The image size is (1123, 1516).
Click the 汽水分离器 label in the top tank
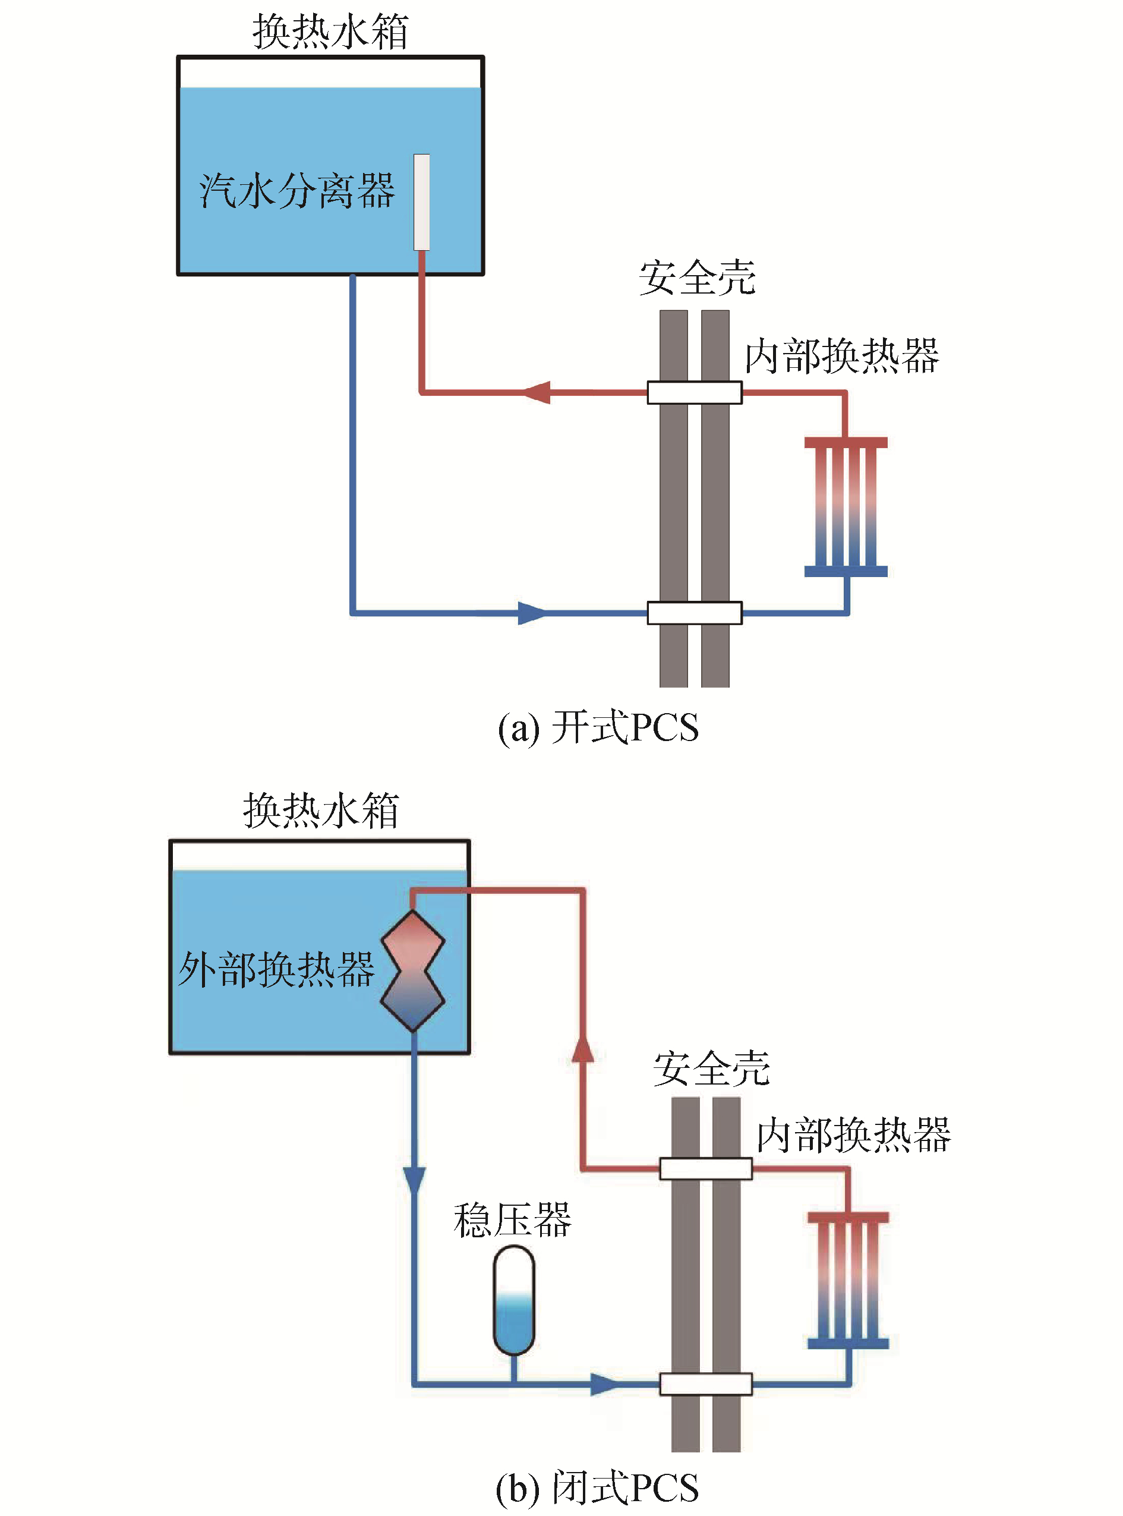(x=297, y=191)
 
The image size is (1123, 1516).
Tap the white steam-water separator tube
(x=421, y=202)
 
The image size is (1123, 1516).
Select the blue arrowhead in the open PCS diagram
(x=532, y=613)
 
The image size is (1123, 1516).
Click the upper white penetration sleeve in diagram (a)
(x=694, y=392)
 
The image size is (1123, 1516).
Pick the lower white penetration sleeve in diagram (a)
(x=694, y=613)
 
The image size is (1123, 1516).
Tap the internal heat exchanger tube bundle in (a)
(x=846, y=507)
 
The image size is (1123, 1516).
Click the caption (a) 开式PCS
(x=598, y=727)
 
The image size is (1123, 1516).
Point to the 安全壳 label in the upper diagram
(x=698, y=278)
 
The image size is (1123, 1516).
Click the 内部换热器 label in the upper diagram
(x=841, y=356)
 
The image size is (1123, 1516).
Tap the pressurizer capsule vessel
(x=514, y=1299)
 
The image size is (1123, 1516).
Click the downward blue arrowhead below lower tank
(x=414, y=1180)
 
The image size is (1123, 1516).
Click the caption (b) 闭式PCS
(x=597, y=1487)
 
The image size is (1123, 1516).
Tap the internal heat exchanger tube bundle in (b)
(x=848, y=1280)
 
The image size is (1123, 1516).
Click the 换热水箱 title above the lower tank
(x=321, y=811)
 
